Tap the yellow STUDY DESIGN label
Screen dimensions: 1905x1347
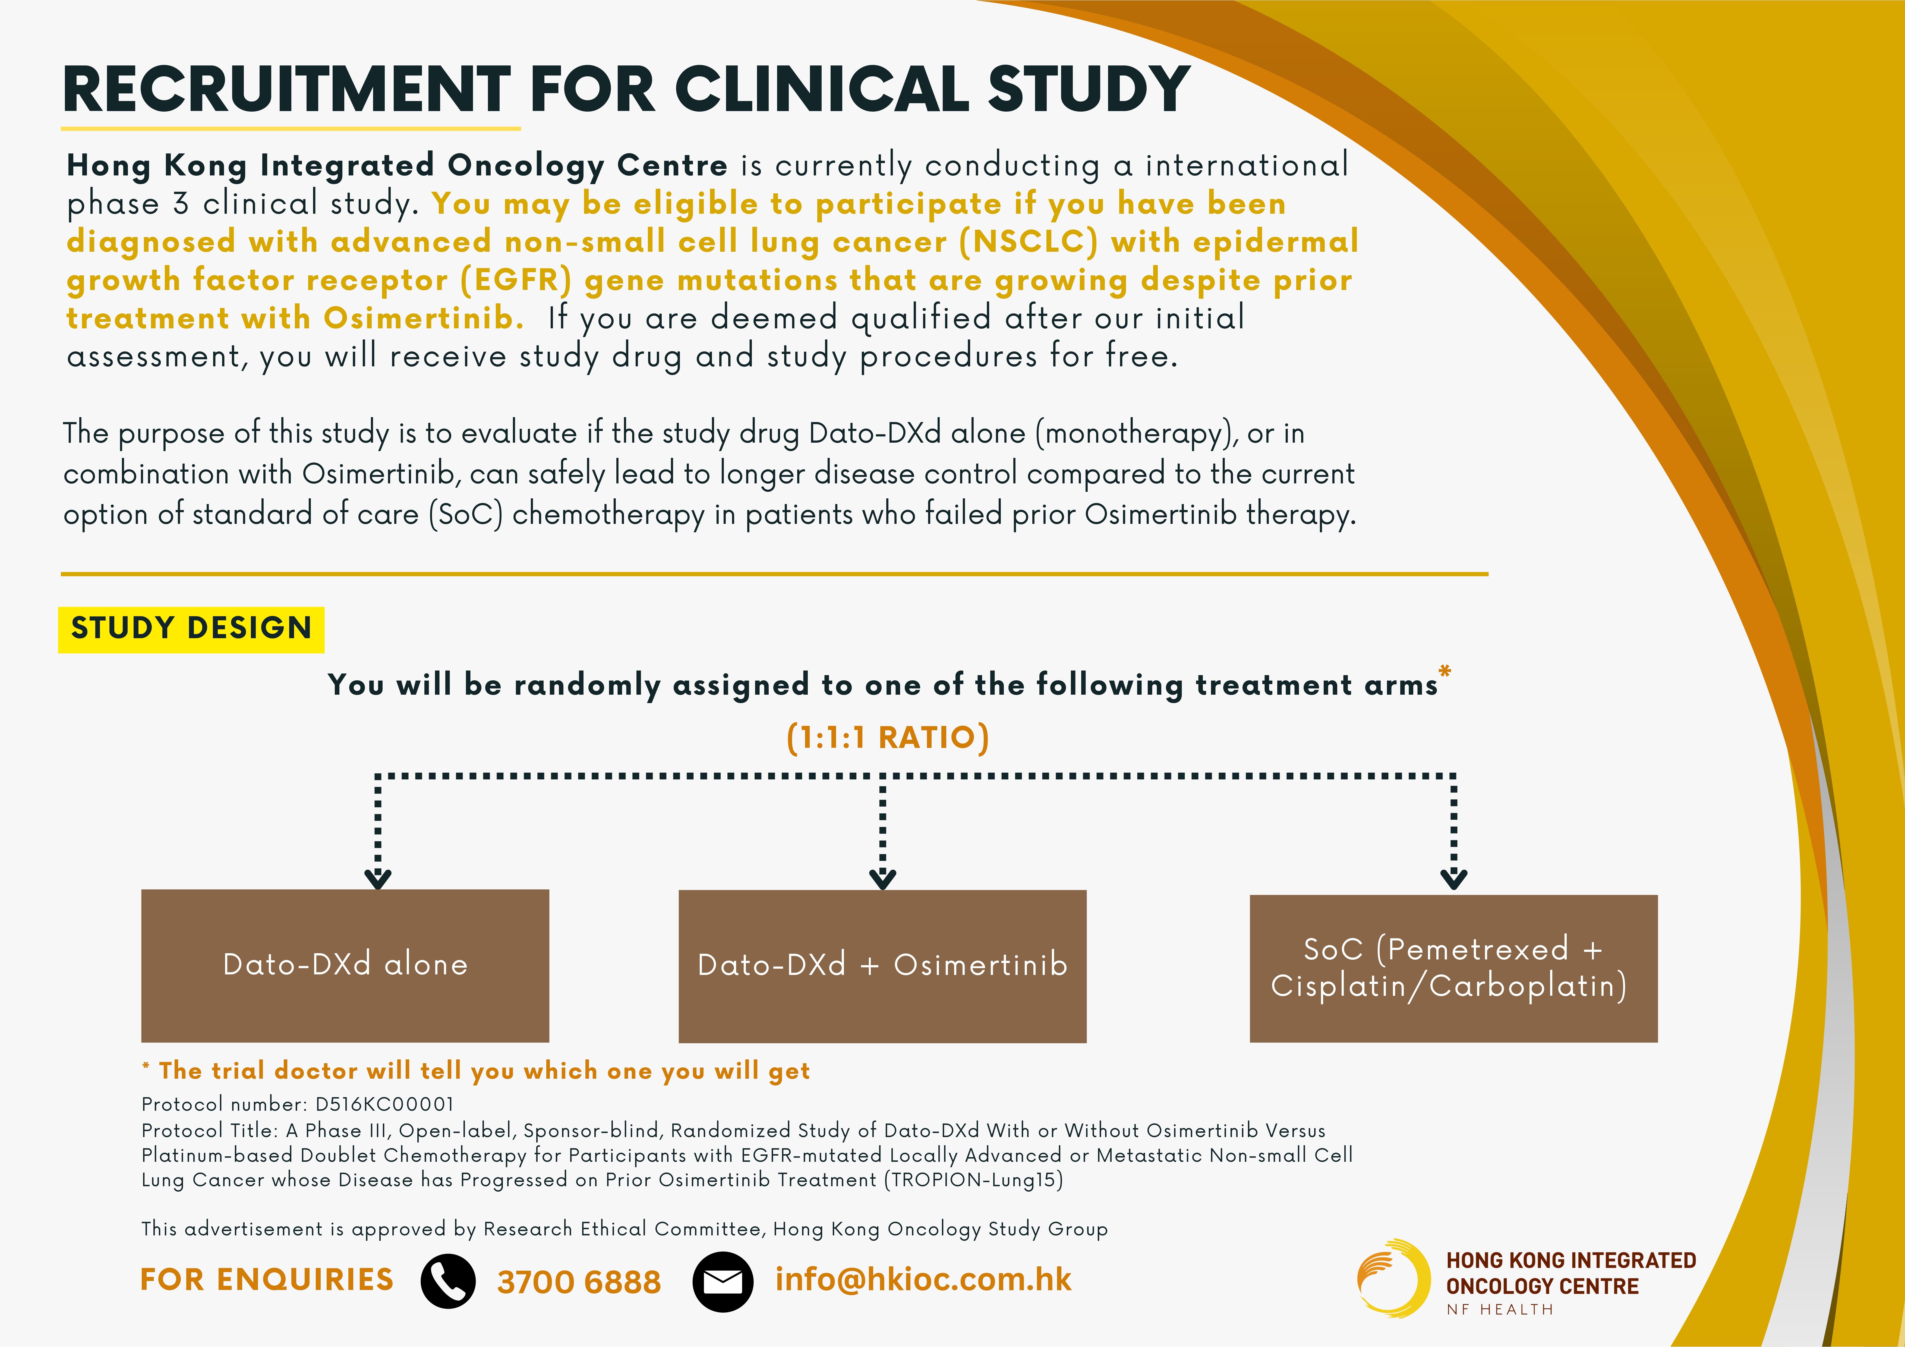(191, 629)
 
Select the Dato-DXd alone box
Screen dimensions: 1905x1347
(345, 965)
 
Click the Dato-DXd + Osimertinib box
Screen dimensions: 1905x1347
(882, 966)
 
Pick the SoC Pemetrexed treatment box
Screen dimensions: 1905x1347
(1454, 968)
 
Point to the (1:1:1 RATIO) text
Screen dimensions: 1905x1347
(888, 737)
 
